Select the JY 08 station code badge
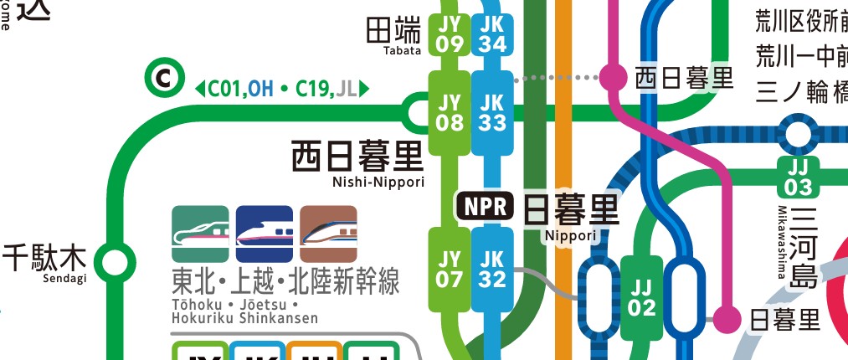(x=450, y=112)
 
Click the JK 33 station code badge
(x=492, y=112)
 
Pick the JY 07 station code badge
(x=450, y=269)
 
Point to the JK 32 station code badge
(x=492, y=269)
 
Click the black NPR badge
(x=485, y=206)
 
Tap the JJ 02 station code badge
(x=642, y=297)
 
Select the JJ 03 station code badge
(x=798, y=176)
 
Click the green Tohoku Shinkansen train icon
(x=200, y=234)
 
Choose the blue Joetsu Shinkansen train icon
(x=265, y=234)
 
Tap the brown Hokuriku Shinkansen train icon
(x=328, y=234)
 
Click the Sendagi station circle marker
(x=113, y=260)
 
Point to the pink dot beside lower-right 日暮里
(x=726, y=318)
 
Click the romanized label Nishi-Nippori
(x=378, y=182)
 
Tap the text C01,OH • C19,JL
(x=281, y=87)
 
